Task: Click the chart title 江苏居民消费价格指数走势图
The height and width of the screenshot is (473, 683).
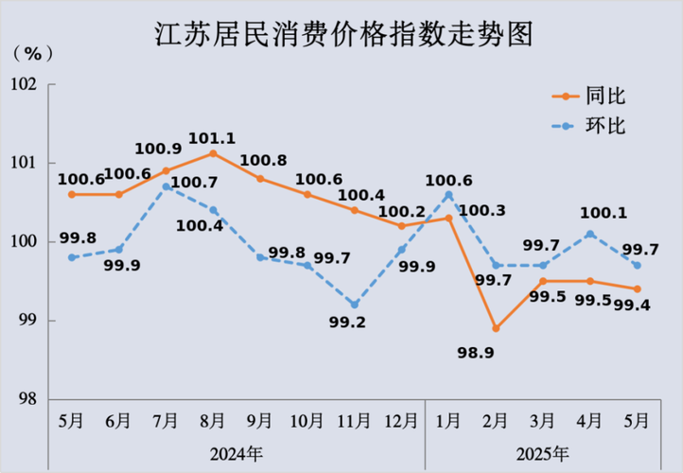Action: [x=341, y=35]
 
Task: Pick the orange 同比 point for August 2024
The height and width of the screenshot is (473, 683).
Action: [x=213, y=153]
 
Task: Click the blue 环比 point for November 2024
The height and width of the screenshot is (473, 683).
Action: [x=354, y=305]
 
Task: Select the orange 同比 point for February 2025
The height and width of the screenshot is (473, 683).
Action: [x=496, y=328]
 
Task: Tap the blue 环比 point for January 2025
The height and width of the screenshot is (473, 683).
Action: [x=448, y=195]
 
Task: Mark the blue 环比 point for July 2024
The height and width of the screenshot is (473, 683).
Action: [x=166, y=186]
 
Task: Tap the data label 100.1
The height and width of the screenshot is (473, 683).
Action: [x=589, y=214]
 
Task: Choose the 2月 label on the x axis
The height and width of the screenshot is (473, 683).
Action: [x=496, y=421]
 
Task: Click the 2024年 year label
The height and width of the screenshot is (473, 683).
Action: [x=236, y=453]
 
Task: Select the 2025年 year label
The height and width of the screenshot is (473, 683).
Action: [x=543, y=453]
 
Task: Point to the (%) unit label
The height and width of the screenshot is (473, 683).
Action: [x=29, y=53]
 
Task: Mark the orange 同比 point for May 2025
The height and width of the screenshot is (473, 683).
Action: [x=637, y=289]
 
